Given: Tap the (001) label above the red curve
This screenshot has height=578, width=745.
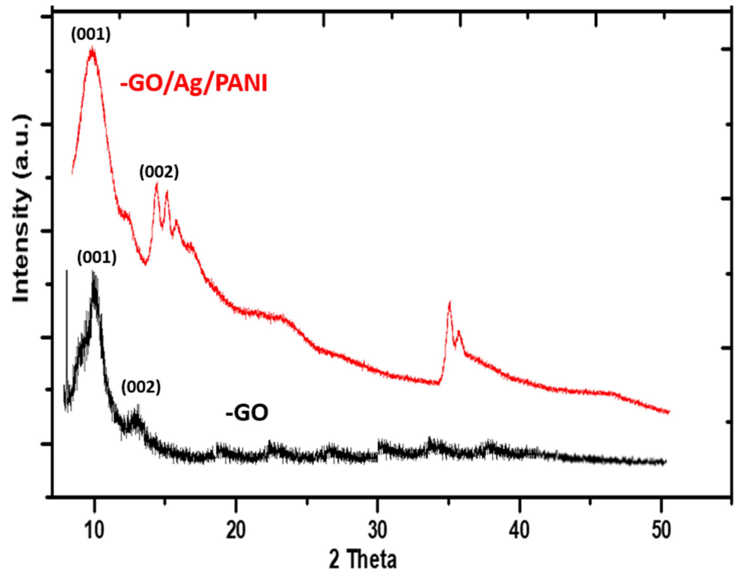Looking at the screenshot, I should (91, 35).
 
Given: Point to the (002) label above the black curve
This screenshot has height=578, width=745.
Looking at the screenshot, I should (141, 388).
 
